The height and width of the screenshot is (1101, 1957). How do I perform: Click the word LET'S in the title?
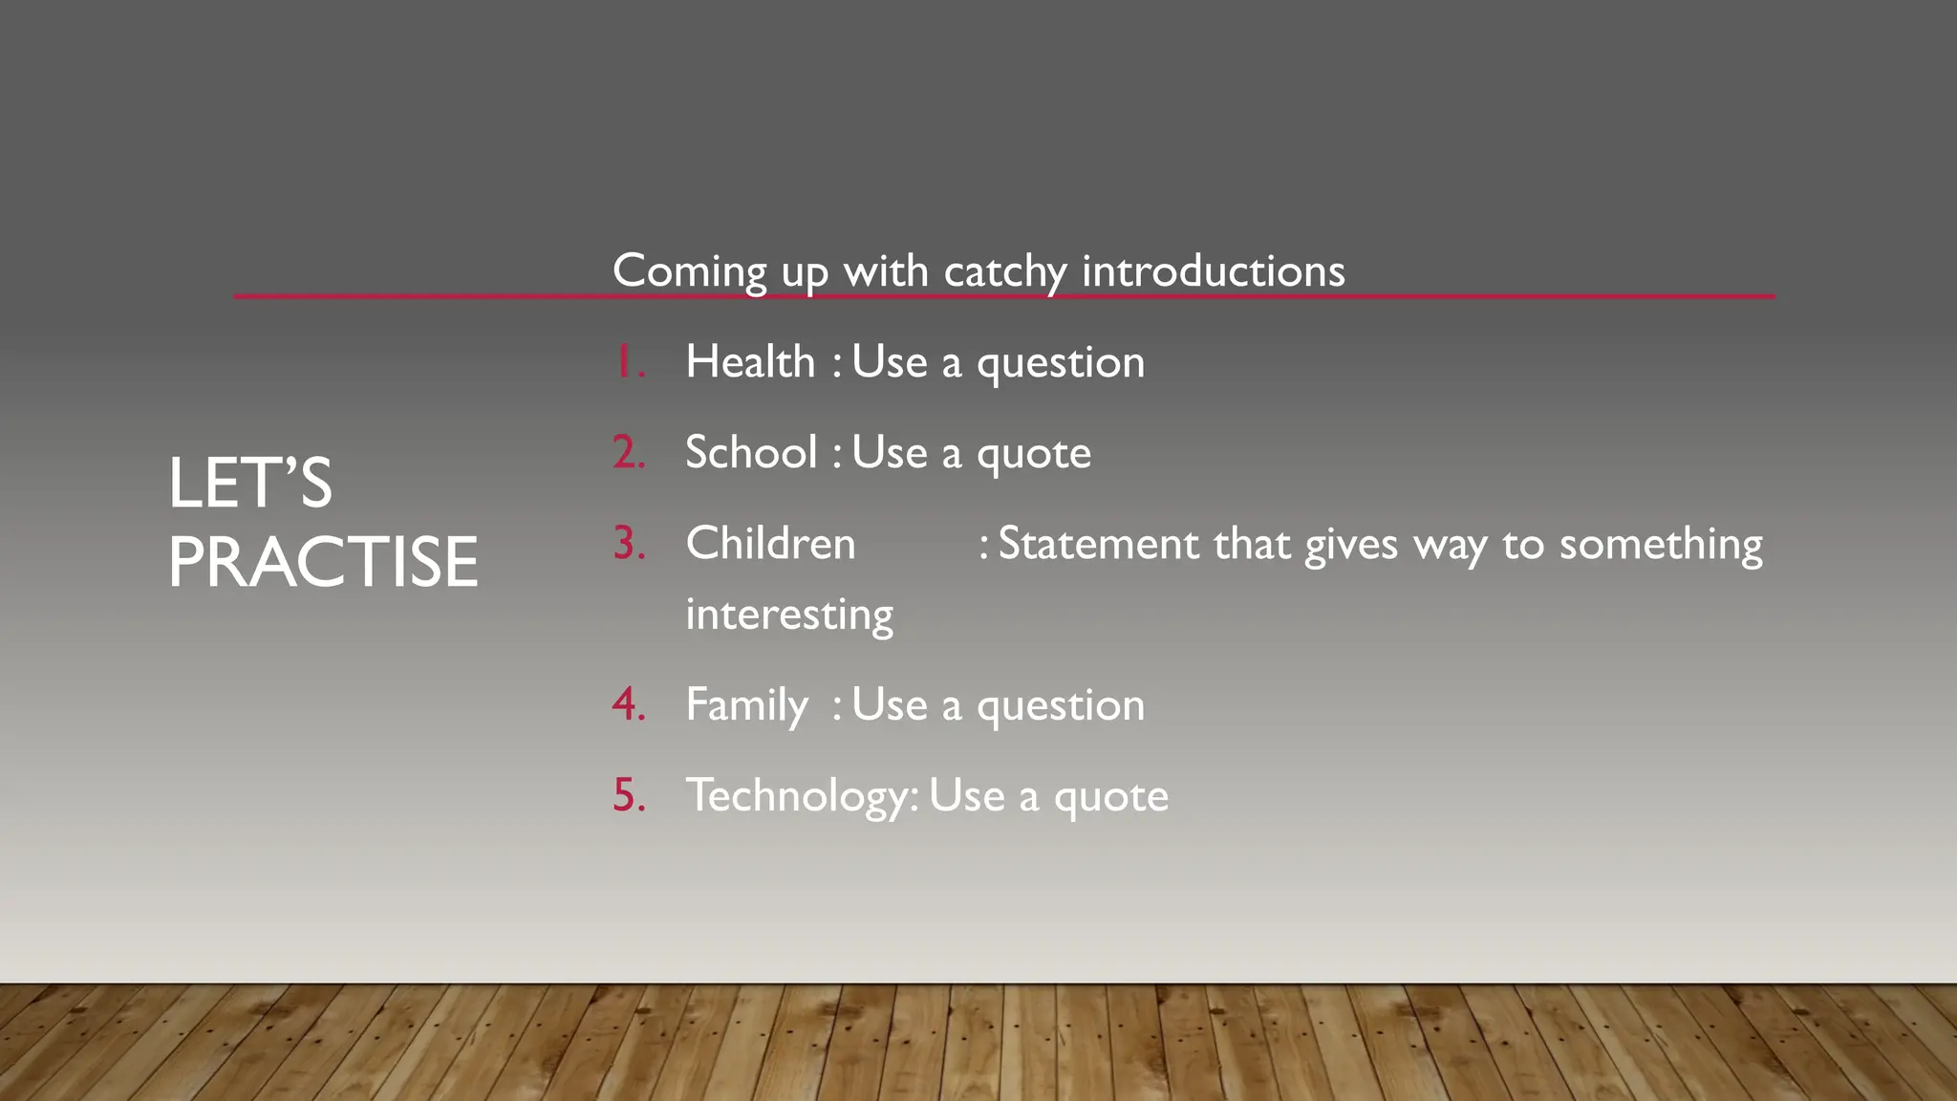(250, 483)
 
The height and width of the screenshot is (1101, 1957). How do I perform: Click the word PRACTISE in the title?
(323, 562)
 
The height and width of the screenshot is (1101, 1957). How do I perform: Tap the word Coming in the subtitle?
(689, 271)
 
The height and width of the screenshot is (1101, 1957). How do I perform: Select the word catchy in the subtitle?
(1005, 273)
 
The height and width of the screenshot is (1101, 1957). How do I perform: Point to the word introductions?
(1213, 271)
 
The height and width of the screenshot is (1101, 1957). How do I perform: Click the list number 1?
(626, 362)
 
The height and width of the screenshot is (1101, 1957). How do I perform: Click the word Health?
(750, 362)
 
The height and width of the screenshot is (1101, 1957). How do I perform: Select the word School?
(751, 453)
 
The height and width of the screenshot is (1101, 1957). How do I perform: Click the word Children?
(770, 544)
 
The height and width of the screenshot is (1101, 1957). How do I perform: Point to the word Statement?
(1096, 544)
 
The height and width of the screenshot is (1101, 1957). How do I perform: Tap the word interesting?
(789, 615)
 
